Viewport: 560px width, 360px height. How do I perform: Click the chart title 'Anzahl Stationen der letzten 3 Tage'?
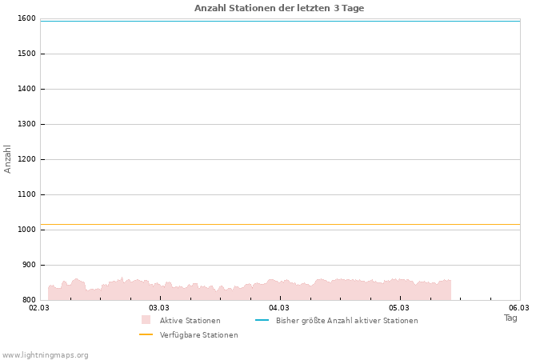[x=279, y=8]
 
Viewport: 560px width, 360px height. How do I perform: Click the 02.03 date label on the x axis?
[x=39, y=307]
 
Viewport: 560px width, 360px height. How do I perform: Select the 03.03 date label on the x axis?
[x=159, y=307]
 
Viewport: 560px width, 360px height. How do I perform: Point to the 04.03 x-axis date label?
[x=279, y=307]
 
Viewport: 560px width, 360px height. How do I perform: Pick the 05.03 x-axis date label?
[x=399, y=307]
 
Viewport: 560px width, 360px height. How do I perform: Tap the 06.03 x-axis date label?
[x=519, y=307]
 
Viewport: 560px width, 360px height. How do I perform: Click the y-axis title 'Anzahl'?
[x=8, y=158]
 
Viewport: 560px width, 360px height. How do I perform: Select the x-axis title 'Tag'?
[x=510, y=318]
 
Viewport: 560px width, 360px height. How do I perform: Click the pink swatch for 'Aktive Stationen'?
[x=146, y=320]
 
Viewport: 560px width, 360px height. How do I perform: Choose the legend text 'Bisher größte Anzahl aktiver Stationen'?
[x=346, y=320]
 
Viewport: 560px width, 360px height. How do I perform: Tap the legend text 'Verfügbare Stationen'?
[x=198, y=334]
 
